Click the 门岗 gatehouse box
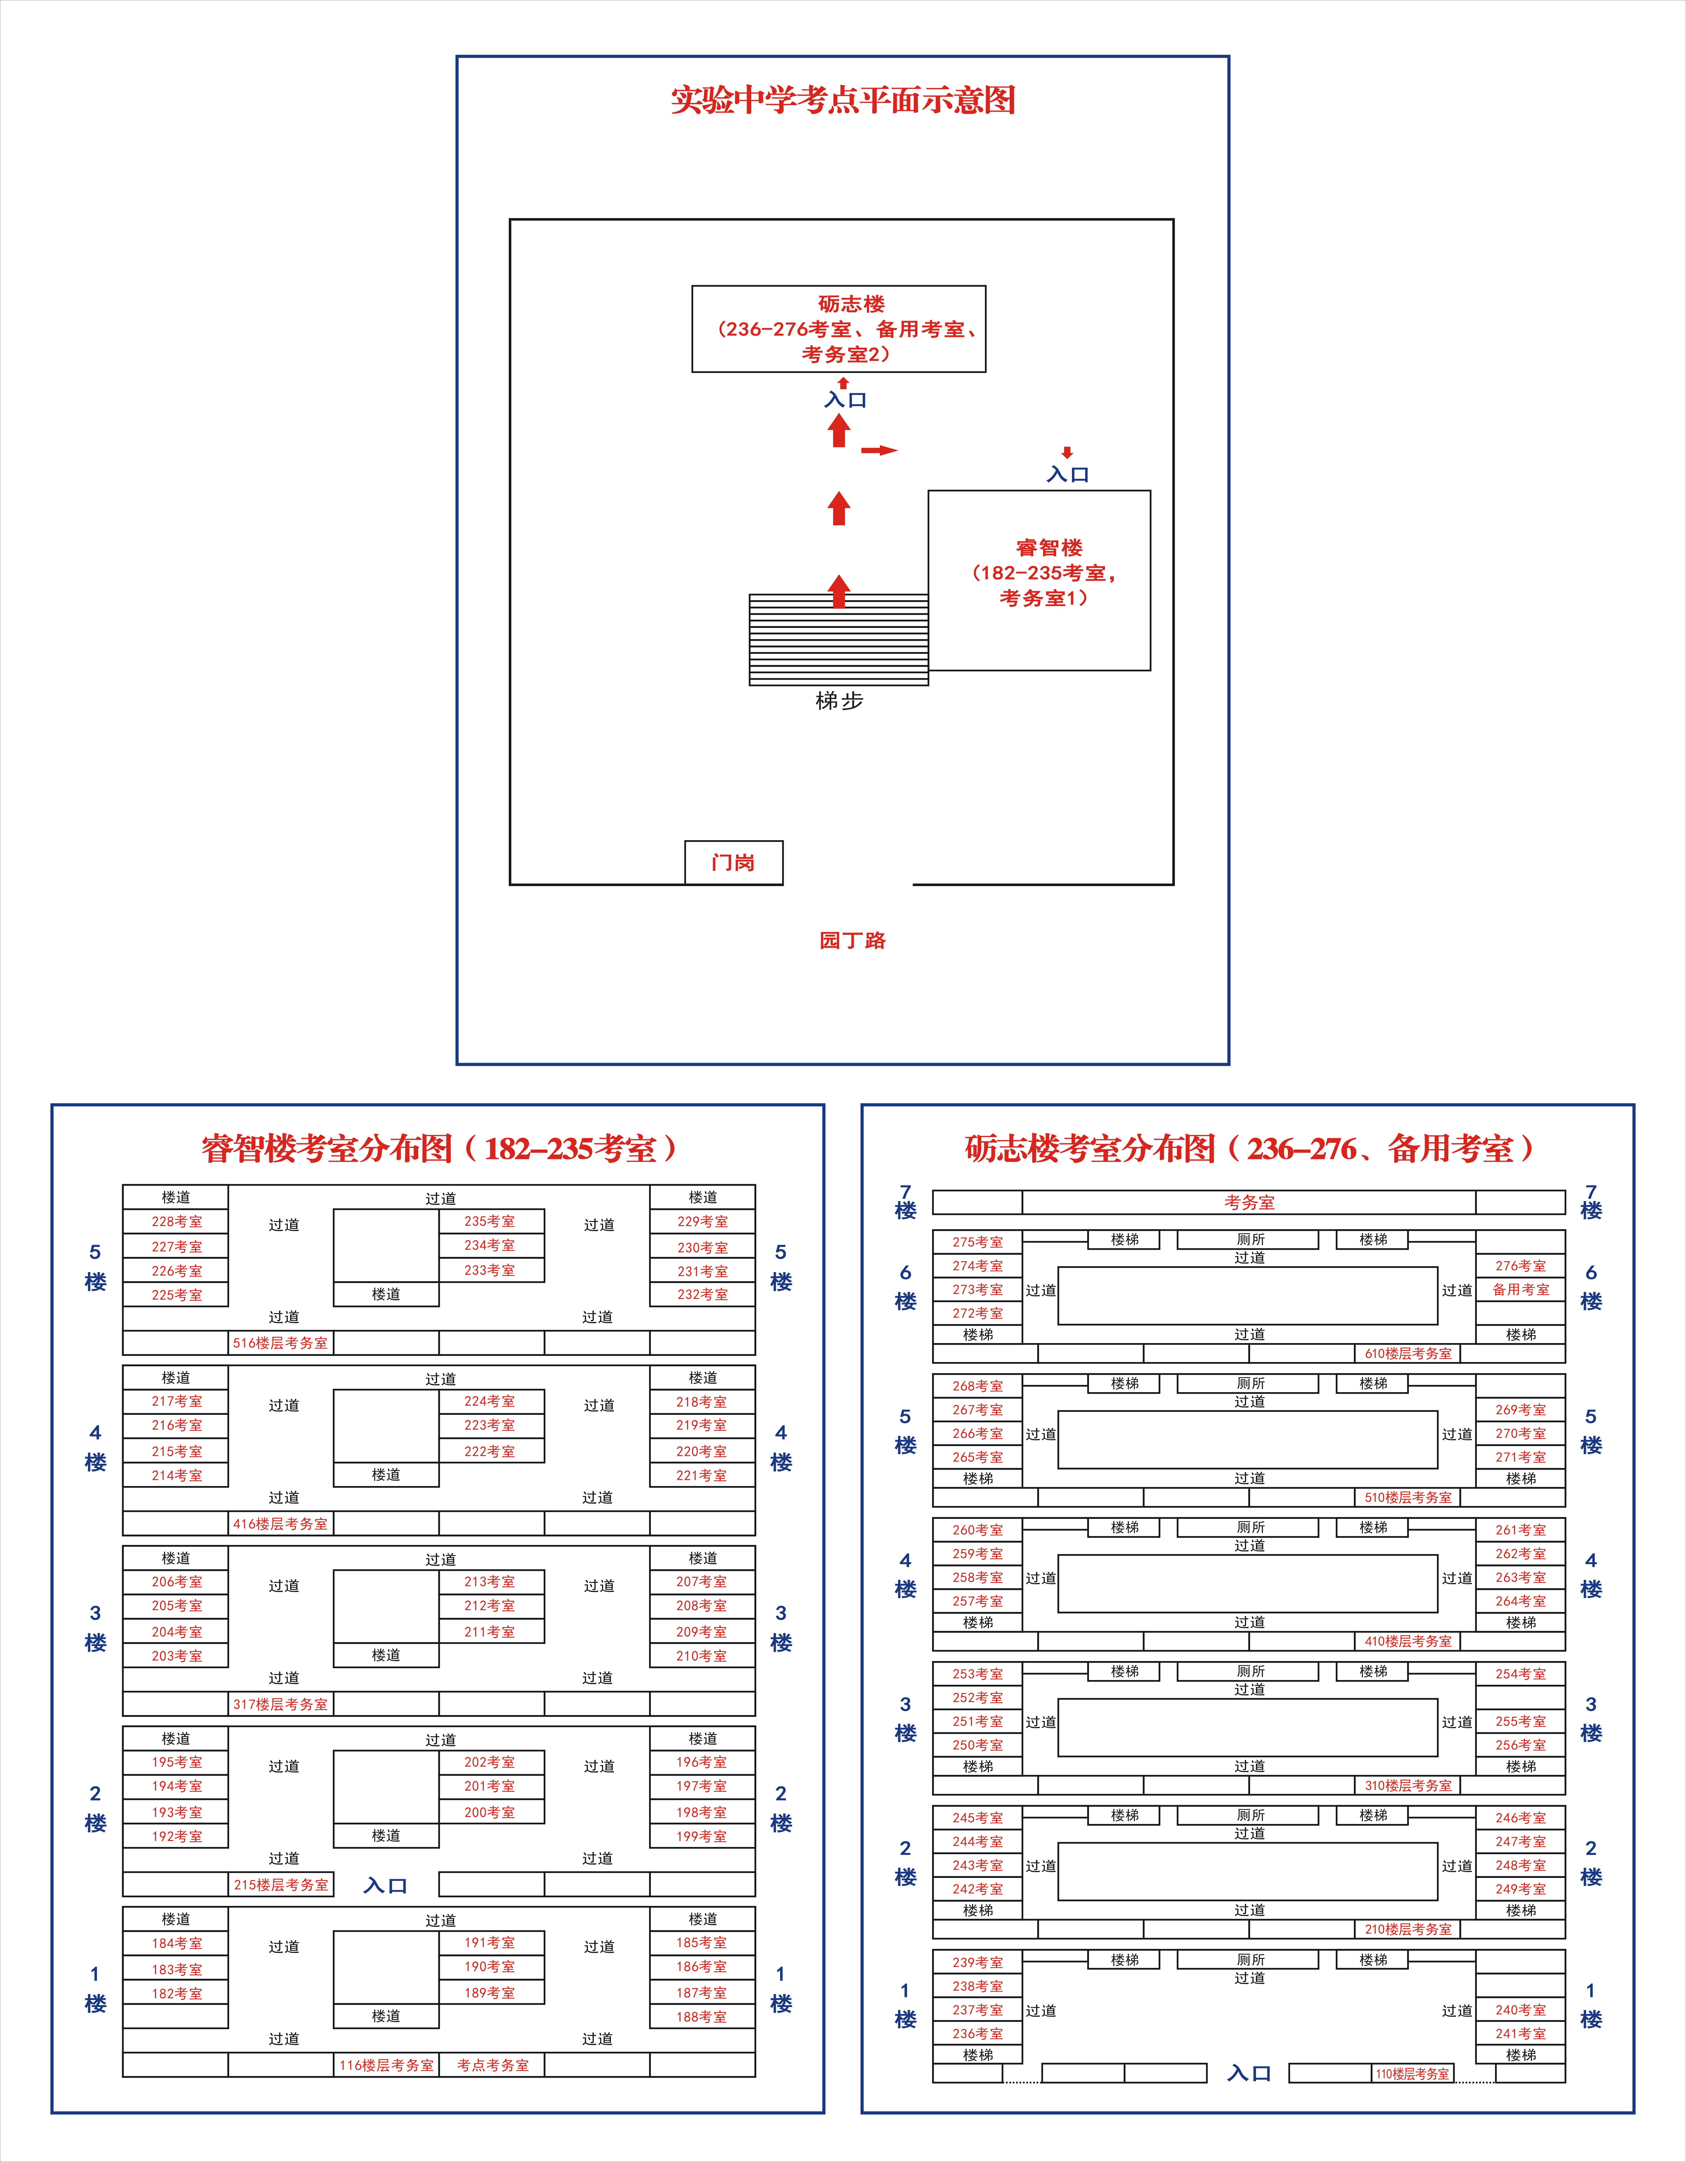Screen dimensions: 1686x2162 point(734,862)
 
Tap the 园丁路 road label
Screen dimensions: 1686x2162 point(852,941)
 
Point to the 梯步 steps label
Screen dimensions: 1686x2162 point(840,701)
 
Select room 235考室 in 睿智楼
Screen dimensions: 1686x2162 point(491,1221)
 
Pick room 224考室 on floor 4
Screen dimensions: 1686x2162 point(491,1402)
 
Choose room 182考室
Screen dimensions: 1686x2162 point(176,1994)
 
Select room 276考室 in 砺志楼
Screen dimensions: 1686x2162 point(1521,1266)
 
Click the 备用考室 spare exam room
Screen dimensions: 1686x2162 point(1521,1290)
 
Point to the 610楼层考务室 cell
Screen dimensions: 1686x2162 point(1408,1353)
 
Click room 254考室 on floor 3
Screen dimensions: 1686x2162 point(1521,1674)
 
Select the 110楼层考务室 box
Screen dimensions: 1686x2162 point(1413,2074)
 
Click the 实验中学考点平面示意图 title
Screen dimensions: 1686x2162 point(844,100)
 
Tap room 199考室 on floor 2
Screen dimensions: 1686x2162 point(702,1836)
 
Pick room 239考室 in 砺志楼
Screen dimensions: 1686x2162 point(978,1962)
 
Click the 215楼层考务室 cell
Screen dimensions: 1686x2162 point(281,1885)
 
